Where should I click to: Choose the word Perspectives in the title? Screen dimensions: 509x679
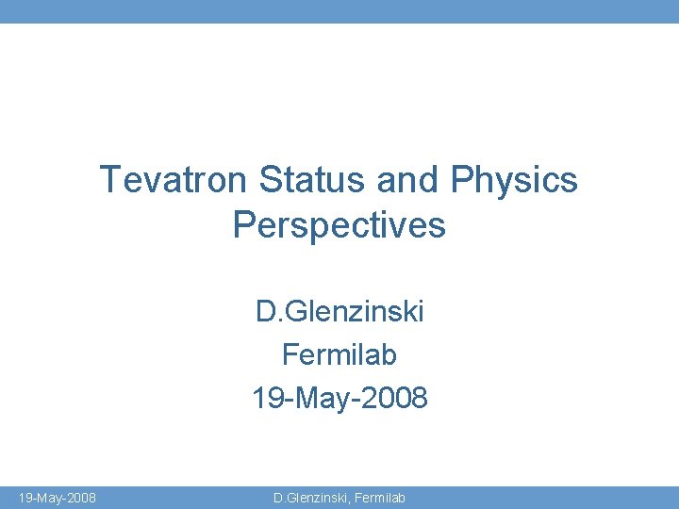tap(339, 226)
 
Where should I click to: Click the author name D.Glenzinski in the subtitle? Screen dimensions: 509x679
tap(339, 311)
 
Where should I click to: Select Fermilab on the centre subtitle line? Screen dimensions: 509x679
tap(339, 355)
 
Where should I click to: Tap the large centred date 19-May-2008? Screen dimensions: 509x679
tap(339, 399)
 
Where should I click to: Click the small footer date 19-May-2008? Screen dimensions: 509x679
tap(57, 497)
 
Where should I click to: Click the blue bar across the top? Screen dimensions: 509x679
tap(339, 11)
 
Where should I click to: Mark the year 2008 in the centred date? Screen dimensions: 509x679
tap(395, 399)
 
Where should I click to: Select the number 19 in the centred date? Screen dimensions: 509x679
tap(265, 399)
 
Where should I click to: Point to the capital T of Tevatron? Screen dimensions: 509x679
tap(108, 179)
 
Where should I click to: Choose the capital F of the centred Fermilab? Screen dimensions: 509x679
tap(290, 355)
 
